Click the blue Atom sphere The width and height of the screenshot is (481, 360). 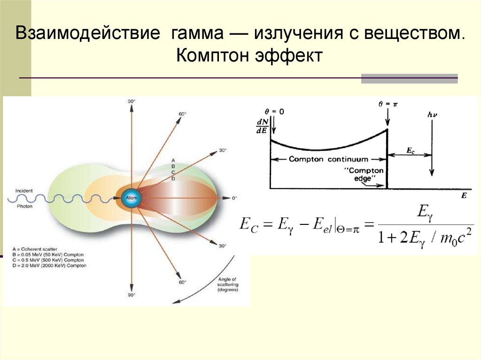[x=131, y=199]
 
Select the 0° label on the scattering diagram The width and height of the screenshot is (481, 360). [x=234, y=199]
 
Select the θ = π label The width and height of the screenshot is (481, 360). [x=388, y=104]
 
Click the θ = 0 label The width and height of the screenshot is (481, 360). [x=275, y=112]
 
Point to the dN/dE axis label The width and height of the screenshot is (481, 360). [x=261, y=127]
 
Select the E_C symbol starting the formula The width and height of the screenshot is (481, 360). [x=248, y=224]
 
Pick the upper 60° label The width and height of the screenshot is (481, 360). [x=182, y=114]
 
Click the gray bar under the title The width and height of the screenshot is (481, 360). [x=409, y=78]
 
